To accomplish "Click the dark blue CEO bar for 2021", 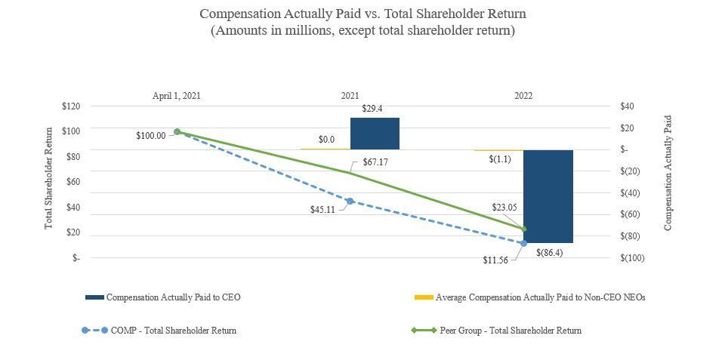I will point(375,134).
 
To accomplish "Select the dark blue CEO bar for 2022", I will point(548,196).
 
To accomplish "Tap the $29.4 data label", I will point(372,109).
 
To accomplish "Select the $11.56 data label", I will point(496,260).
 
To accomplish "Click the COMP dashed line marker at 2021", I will point(350,201).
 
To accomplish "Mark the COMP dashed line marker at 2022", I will point(523,243).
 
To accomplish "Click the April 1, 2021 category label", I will point(177,96).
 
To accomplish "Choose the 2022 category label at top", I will point(523,96).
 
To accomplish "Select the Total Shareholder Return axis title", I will point(49,179).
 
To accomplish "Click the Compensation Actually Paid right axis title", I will point(668,173).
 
